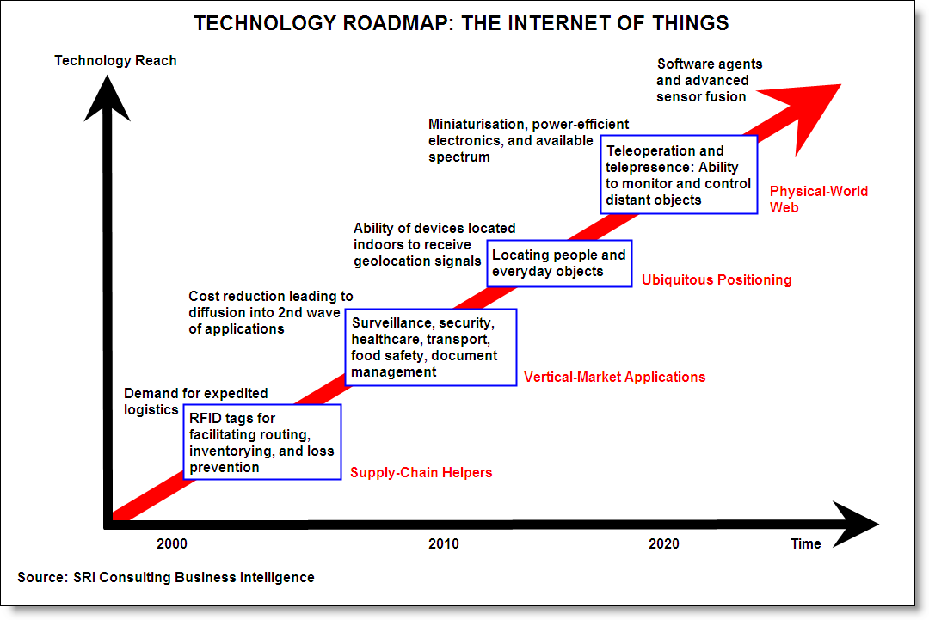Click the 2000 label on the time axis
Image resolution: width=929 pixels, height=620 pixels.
coord(172,543)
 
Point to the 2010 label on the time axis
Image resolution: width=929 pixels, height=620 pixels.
coord(444,543)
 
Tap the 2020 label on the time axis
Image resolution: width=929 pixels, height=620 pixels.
coord(663,543)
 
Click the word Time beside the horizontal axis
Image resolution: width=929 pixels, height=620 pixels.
coord(806,543)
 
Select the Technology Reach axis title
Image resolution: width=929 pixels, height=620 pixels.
coord(115,60)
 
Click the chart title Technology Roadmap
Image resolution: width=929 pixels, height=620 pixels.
coord(462,23)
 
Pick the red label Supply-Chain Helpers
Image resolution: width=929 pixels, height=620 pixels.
coord(421,473)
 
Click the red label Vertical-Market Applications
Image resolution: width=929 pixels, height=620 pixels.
coord(614,378)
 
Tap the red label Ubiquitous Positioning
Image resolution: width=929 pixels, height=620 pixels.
coord(717,279)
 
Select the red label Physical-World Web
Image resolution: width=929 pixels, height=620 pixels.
coord(818,200)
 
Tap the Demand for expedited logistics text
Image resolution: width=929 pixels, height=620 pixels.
coord(195,402)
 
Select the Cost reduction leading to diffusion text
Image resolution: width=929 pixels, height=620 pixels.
coord(271,313)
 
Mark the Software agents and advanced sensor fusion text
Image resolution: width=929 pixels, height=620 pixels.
coord(709,81)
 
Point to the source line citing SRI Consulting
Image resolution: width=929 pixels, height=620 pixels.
coord(166,577)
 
